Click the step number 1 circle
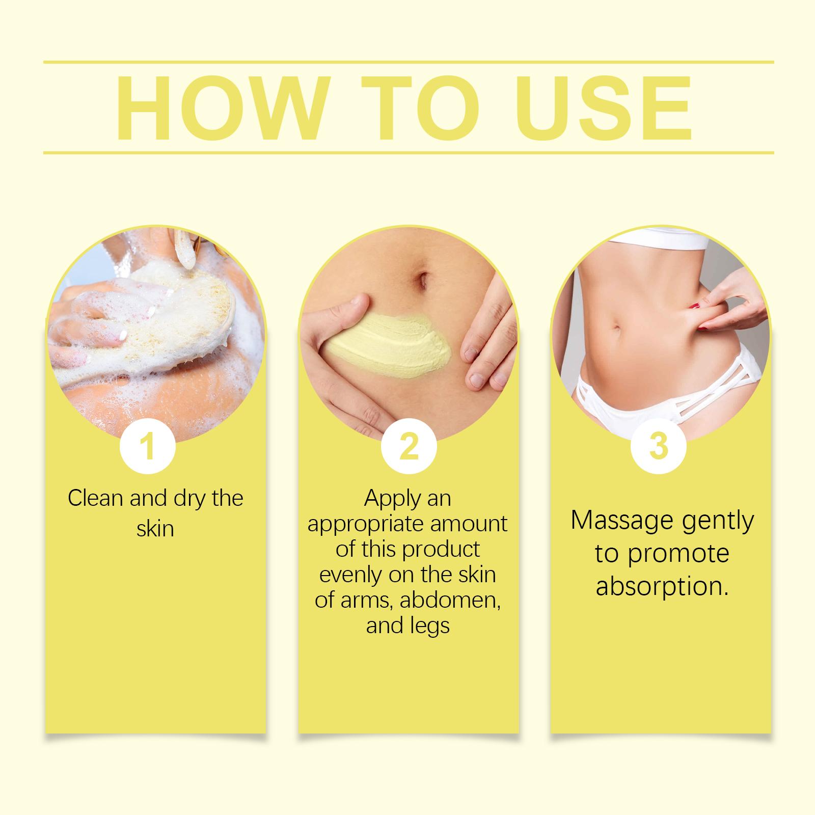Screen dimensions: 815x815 (x=148, y=446)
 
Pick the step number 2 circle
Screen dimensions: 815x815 (x=409, y=446)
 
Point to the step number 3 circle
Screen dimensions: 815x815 (x=658, y=446)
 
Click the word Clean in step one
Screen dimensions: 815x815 (x=96, y=498)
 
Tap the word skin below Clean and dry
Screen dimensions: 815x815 (x=155, y=528)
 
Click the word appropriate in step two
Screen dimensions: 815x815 (x=365, y=525)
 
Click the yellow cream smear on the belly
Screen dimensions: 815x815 (x=387, y=343)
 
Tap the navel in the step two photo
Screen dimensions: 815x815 (x=422, y=278)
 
